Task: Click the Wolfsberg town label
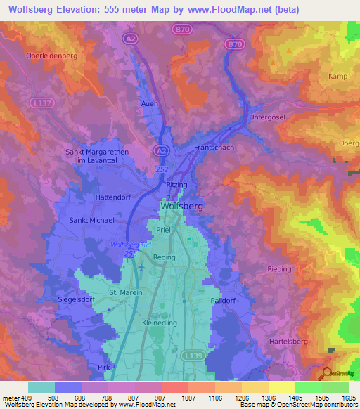coord(181,207)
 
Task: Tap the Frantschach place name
coord(214,148)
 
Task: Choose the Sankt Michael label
coord(91,220)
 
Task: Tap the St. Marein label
coord(126,292)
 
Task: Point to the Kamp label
coord(338,75)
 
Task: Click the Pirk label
coord(105,368)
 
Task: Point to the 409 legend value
coord(22,398)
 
